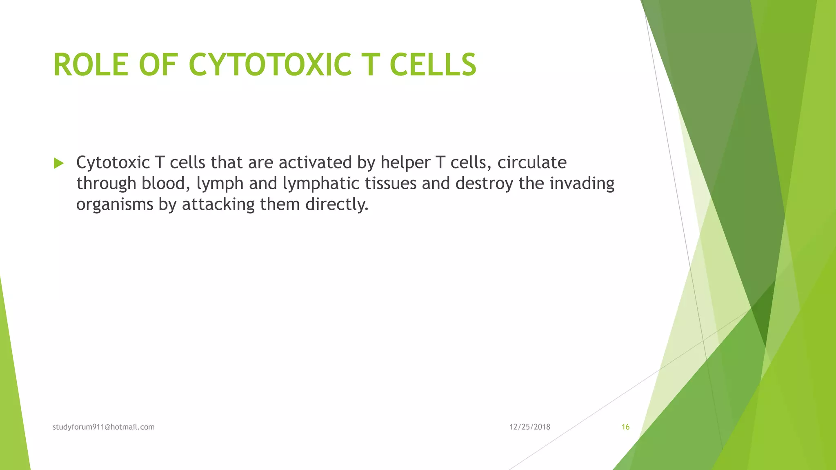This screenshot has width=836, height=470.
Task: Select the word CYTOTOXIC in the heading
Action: [270, 65]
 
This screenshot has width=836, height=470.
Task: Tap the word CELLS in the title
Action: [433, 65]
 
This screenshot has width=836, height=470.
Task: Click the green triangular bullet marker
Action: [59, 164]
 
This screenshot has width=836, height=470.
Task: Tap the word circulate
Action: [532, 163]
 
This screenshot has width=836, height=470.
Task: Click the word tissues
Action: [390, 184]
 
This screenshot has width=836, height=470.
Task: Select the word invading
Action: [582, 184]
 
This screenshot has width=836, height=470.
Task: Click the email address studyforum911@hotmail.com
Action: [104, 427]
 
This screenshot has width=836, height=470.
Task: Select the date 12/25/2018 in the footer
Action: [530, 427]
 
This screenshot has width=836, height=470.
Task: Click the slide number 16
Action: [625, 427]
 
